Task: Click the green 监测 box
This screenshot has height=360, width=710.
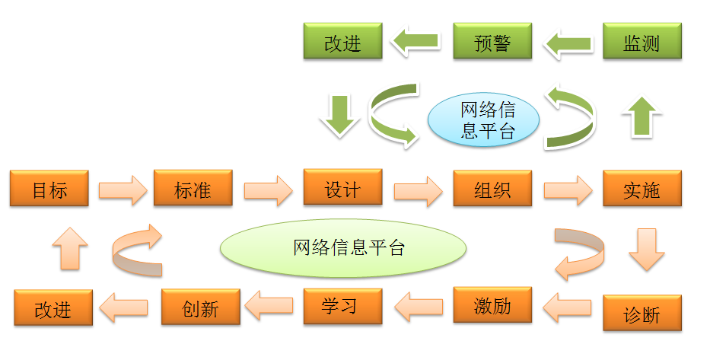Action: (x=642, y=42)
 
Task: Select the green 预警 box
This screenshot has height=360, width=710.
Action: (x=492, y=42)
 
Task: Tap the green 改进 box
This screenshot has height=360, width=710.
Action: (x=342, y=42)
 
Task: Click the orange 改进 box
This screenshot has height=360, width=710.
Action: (x=53, y=308)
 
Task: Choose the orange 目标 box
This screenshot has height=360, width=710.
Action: (x=49, y=189)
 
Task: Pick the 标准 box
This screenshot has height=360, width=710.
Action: (x=193, y=189)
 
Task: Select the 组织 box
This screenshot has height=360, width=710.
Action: (x=492, y=189)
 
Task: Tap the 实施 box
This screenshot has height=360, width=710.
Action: (x=642, y=189)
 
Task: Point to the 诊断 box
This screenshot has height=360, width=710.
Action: (x=642, y=314)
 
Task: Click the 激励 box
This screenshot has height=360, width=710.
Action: (x=492, y=306)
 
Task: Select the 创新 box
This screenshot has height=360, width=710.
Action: (x=200, y=307)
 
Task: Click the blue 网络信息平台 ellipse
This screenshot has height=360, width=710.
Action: (x=483, y=120)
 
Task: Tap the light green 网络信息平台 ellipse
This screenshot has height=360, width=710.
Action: (x=342, y=247)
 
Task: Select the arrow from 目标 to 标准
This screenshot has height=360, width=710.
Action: (x=122, y=190)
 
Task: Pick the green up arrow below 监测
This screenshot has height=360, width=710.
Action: (x=642, y=116)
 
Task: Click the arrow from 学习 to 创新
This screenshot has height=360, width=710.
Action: (x=271, y=307)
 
